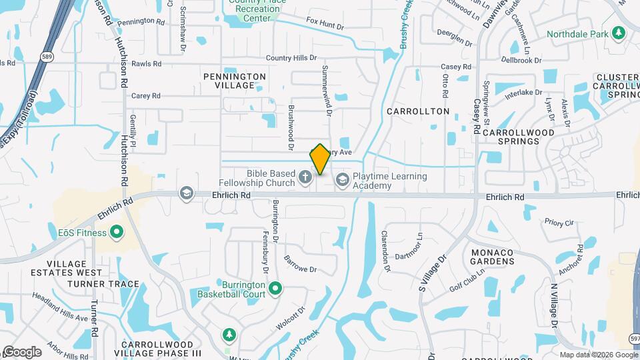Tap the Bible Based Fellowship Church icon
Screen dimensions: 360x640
coord(305,177)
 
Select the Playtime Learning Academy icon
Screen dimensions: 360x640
coord(343,179)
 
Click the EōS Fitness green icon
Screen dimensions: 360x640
coord(117,233)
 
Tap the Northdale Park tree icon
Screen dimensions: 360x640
coord(619,33)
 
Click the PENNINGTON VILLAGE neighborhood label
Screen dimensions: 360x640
coord(235,81)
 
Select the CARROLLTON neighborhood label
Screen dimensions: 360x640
coord(417,111)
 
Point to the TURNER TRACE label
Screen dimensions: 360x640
coord(93,284)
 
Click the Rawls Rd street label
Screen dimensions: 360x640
coord(147,65)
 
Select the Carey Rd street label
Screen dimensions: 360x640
coord(146,96)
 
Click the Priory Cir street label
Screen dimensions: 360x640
coord(559,223)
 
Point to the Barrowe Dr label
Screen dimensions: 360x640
coord(300,264)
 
